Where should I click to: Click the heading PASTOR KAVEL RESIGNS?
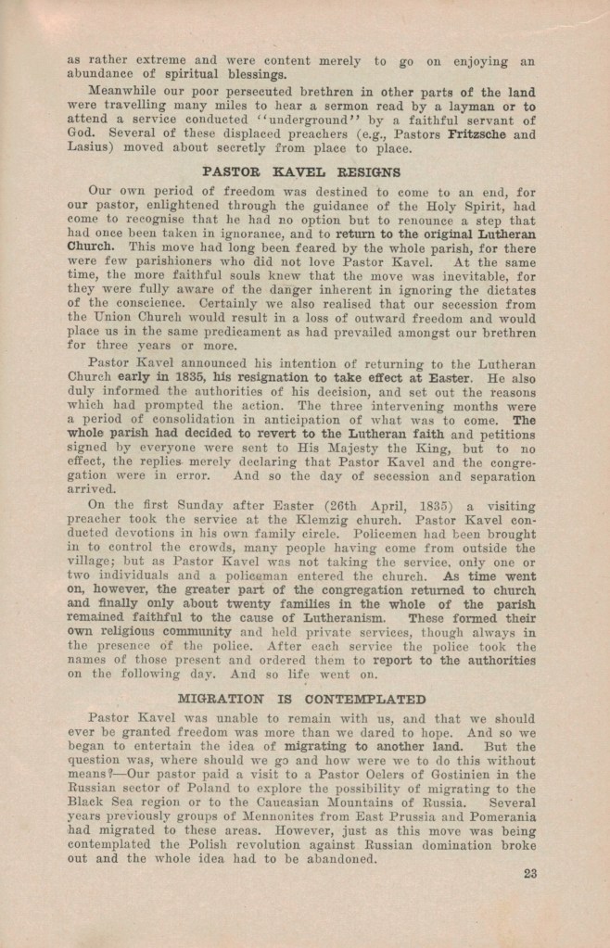[x=301, y=172]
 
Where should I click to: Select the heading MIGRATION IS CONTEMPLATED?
[x=301, y=699]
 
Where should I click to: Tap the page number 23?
[x=530, y=873]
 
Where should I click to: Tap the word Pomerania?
[x=501, y=819]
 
